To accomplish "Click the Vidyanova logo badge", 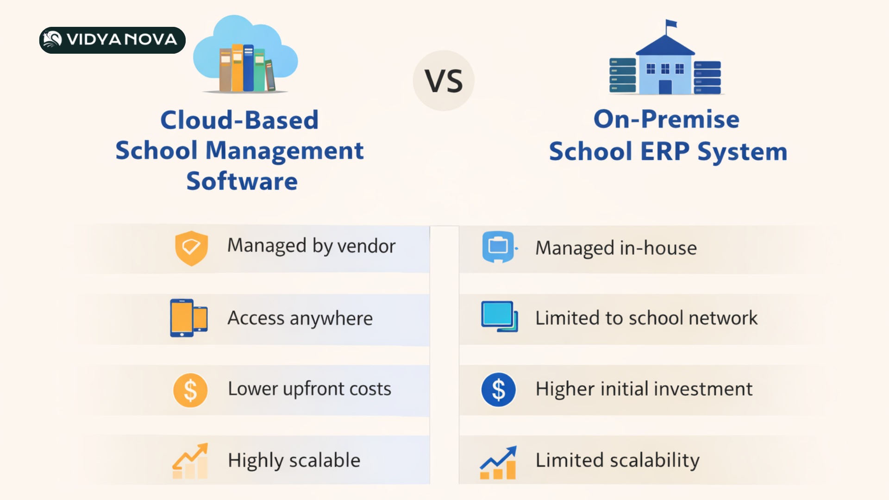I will (x=113, y=40).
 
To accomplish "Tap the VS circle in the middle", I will (x=444, y=81).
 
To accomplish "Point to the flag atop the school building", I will (x=671, y=24).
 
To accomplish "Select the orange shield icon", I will (x=191, y=248).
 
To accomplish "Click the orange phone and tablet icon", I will (x=188, y=318).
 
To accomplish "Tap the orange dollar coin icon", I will (x=190, y=390).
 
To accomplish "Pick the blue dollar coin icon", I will (x=498, y=390).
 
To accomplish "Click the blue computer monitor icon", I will (x=499, y=317).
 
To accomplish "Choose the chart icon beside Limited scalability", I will (x=498, y=462).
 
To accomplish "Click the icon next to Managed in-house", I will (x=498, y=247).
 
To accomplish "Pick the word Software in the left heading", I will (x=242, y=181).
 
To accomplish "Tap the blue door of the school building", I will (x=665, y=87).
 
